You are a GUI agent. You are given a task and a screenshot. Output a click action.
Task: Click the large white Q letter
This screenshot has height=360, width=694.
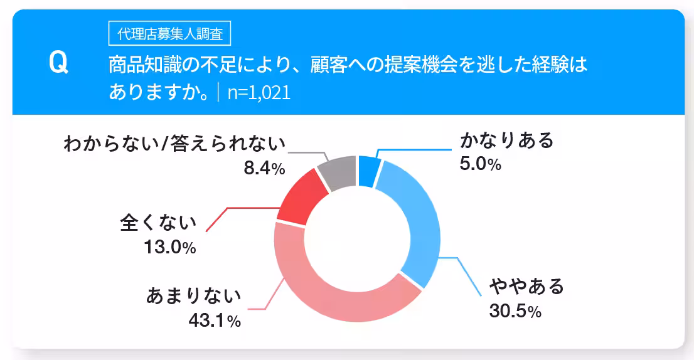pos(58,64)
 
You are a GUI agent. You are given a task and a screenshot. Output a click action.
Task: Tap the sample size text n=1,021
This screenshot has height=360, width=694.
pos(259,93)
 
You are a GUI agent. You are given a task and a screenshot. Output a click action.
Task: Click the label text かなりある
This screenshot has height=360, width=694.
pos(507,140)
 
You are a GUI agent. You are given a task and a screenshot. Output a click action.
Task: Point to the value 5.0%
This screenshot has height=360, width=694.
pos(481,164)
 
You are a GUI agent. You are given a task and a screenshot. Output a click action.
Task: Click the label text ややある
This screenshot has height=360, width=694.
pos(527,287)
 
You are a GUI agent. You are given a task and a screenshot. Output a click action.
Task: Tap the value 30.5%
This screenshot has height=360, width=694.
pos(515,310)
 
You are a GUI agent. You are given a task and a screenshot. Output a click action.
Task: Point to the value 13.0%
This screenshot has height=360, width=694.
pos(170,247)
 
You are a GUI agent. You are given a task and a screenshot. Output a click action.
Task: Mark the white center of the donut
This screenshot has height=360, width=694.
pos(358,238)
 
